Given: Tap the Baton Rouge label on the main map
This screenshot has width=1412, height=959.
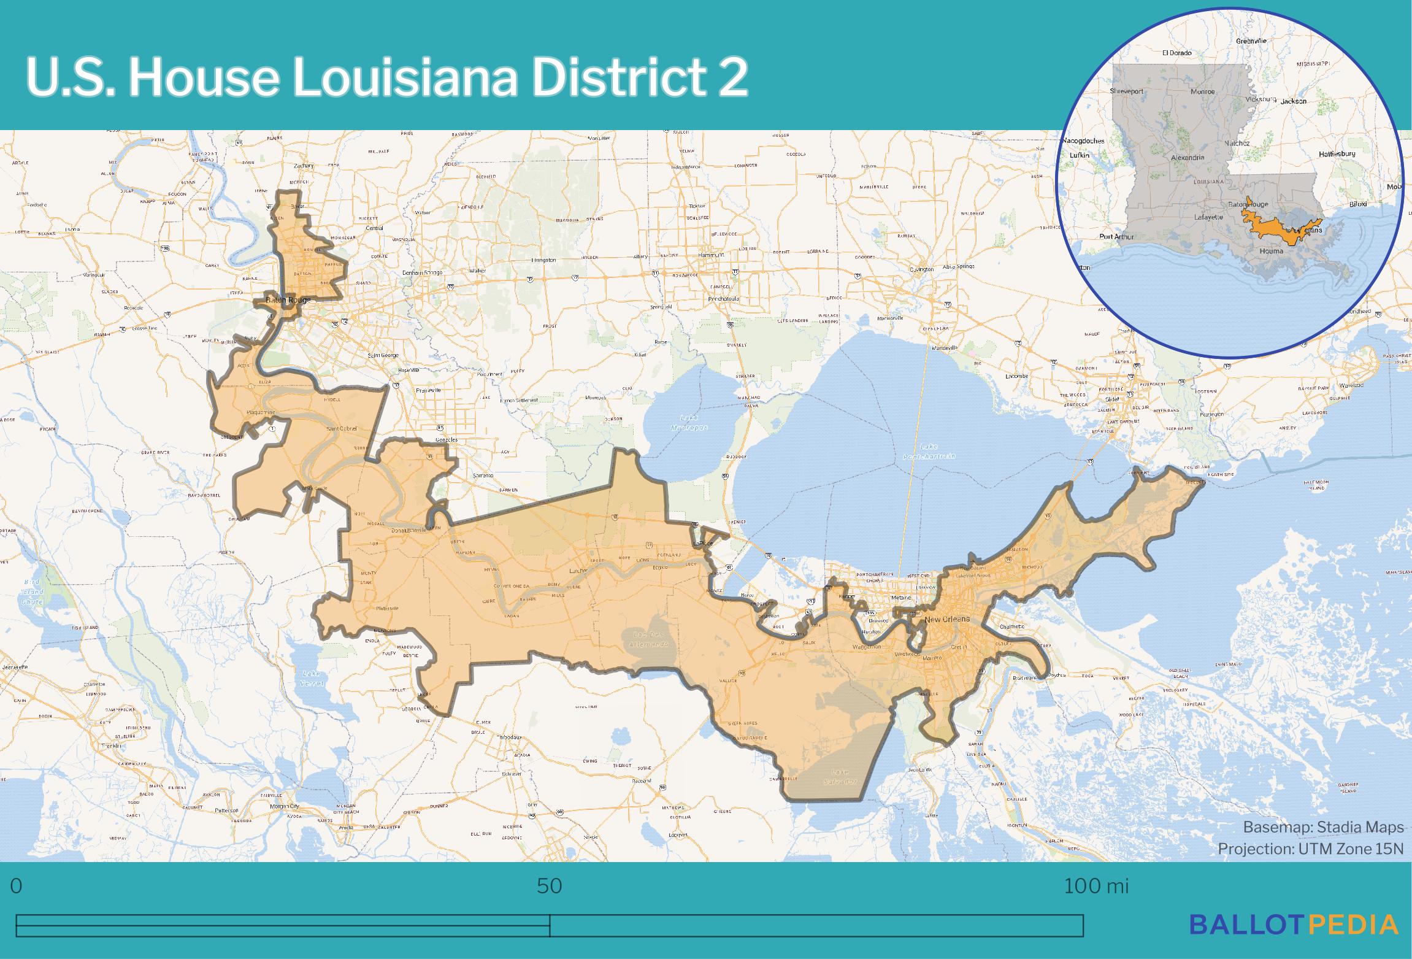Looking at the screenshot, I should tap(288, 300).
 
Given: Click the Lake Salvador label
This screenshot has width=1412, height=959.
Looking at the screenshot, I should tap(840, 776).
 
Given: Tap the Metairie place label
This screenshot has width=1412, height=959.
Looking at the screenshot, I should tap(901, 597).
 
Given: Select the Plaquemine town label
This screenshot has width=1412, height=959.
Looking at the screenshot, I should tap(261, 412).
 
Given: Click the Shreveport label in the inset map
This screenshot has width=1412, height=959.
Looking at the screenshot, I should tap(1126, 91).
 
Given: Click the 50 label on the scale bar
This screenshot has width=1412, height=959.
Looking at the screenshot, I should tap(549, 886).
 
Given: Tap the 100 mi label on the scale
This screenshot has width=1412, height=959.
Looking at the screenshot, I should tap(1095, 886).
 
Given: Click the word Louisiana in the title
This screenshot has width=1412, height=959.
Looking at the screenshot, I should tap(405, 78).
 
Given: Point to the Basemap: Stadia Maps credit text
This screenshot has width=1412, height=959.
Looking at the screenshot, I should tap(1323, 827).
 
